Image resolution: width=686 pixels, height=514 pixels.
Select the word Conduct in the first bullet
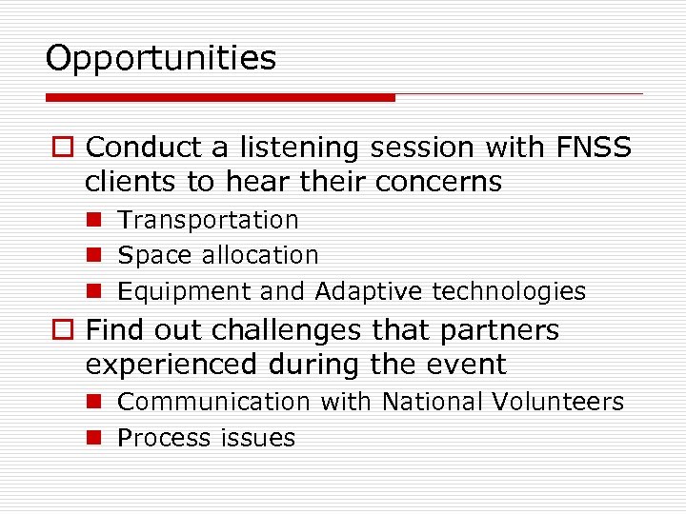[144, 148]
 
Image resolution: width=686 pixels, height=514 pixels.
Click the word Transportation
[208, 220]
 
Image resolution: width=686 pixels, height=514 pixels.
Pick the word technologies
[509, 291]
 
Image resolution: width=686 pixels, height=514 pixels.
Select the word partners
[503, 330]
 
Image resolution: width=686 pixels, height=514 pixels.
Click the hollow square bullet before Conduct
[65, 148]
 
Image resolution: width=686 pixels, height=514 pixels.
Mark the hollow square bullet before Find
[65, 331]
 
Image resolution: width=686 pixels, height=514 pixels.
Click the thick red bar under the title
[220, 97]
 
